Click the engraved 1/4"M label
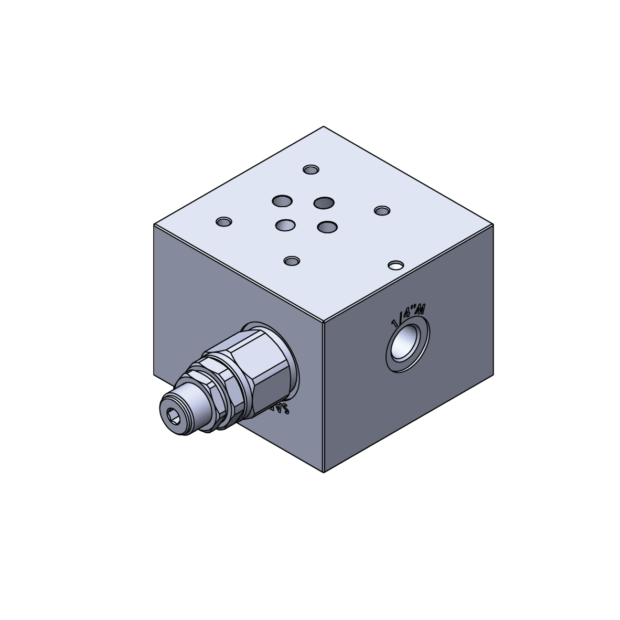[408, 316]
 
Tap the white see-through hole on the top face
[396, 266]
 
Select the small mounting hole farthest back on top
[311, 169]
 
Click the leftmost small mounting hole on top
[224, 222]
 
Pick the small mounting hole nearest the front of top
[292, 261]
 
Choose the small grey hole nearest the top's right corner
[382, 211]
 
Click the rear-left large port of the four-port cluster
[282, 200]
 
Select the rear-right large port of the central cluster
[324, 203]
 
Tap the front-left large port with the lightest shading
[285, 226]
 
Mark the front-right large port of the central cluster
[327, 227]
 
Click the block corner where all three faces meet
[324, 321]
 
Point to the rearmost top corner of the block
[324, 127]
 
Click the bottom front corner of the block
[324, 472]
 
